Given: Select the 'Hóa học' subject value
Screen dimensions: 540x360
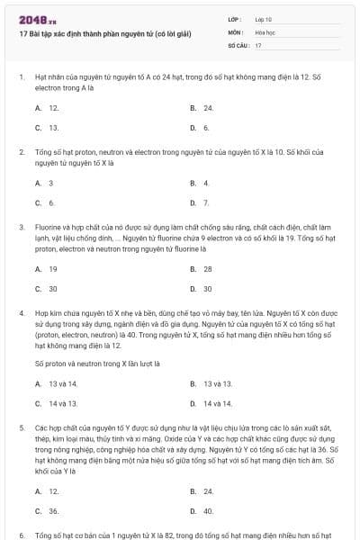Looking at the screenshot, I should tap(265, 31).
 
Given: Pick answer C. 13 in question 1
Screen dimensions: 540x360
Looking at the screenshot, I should tap(48, 128).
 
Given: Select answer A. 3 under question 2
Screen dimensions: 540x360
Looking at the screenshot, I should tap(45, 183).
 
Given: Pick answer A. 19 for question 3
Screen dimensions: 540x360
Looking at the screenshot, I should tap(48, 269).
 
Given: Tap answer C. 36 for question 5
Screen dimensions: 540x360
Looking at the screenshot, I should tap(48, 510).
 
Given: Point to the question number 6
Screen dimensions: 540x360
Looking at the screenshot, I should tap(21, 535).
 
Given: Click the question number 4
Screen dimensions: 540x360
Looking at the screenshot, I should tap(21, 313).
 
